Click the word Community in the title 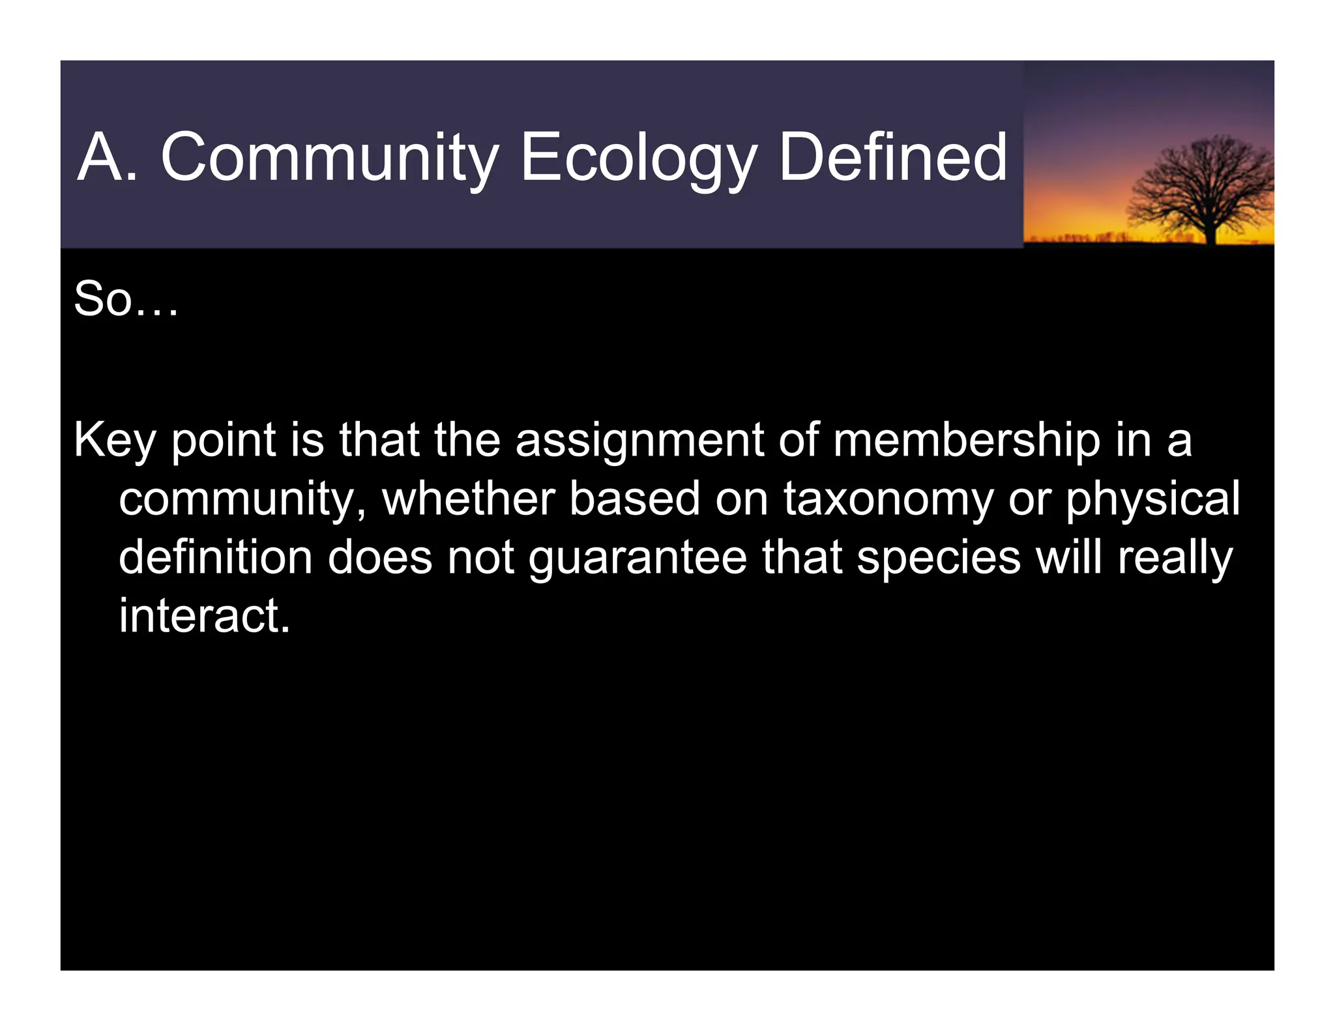[329, 158]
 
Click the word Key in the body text [115, 441]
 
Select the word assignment [639, 441]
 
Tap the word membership [966, 441]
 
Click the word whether [467, 499]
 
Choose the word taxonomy [888, 499]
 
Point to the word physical [1152, 499]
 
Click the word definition [215, 558]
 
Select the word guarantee [638, 558]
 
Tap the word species [939, 558]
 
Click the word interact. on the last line [204, 616]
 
